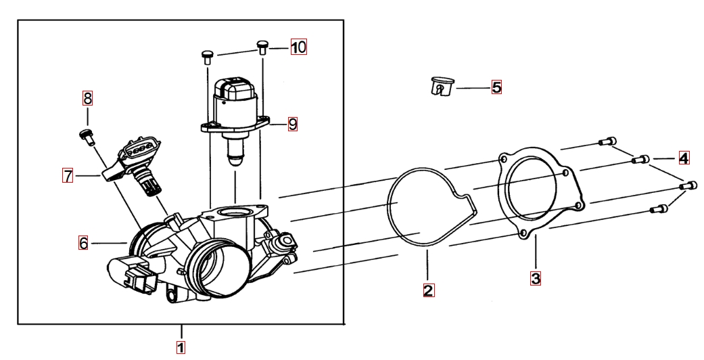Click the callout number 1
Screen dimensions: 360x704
coord(181,347)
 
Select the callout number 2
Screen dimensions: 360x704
coord(428,290)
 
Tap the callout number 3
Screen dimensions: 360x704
coord(535,277)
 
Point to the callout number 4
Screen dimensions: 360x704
coord(684,158)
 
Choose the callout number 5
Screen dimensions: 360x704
coord(496,87)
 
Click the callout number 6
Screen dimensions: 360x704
coord(83,242)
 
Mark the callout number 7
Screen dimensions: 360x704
coord(68,176)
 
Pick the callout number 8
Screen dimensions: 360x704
coord(87,98)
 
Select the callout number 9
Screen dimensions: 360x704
coord(292,124)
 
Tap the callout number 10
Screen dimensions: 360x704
coord(298,47)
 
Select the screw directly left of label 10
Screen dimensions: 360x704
coord(262,47)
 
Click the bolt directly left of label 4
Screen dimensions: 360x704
coord(640,160)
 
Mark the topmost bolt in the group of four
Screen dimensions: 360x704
coord(607,141)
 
